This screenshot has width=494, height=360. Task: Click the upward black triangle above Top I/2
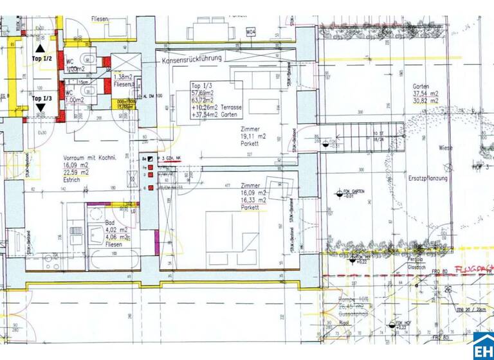coord(41,48)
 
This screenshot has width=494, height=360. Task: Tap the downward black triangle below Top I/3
coord(41,108)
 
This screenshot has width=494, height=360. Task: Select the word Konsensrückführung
coord(192,58)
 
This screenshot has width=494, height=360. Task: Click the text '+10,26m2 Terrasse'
coord(216,107)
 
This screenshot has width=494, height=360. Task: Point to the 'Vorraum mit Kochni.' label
coord(89,158)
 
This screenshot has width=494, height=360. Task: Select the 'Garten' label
coord(422,86)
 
